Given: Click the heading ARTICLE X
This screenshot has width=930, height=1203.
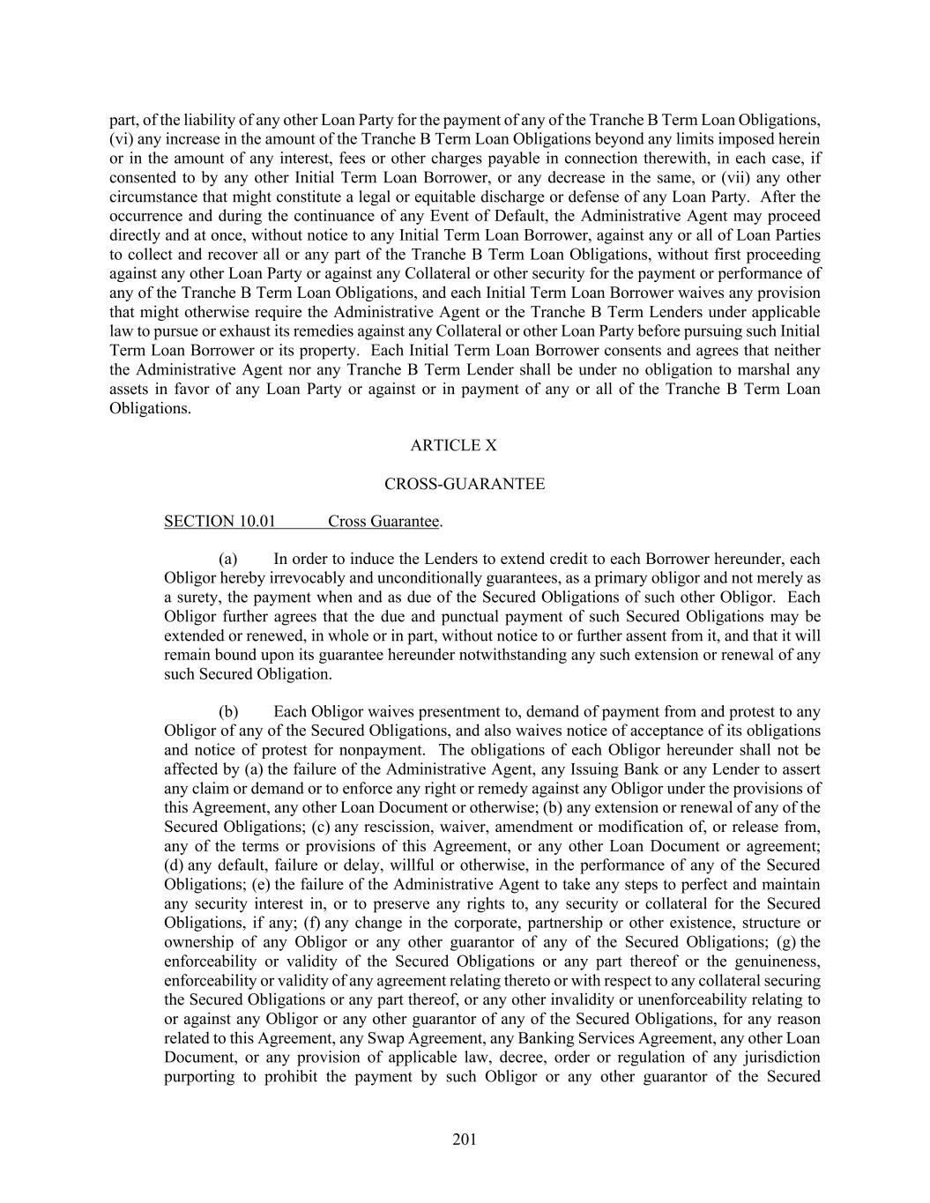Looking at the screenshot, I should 453,446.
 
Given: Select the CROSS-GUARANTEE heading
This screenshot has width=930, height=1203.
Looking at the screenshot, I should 465,484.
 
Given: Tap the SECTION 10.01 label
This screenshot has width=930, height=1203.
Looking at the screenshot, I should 219,522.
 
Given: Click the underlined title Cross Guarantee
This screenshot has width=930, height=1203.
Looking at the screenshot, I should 383,522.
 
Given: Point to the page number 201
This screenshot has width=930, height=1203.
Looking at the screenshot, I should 465,1140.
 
